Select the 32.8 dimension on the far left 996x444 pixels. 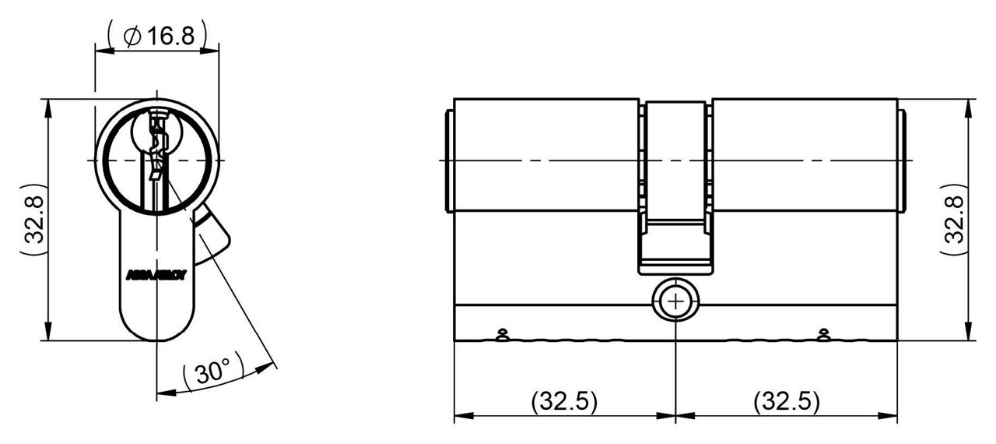pyautogui.click(x=32, y=220)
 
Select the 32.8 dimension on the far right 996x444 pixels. pyautogui.click(x=954, y=220)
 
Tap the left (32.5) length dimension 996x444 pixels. pyautogui.click(x=564, y=402)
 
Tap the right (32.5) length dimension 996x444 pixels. pyautogui.click(x=787, y=402)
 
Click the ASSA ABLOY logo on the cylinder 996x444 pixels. pyautogui.click(x=156, y=275)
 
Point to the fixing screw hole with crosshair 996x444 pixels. pyautogui.click(x=675, y=301)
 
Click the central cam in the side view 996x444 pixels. pyautogui.click(x=675, y=187)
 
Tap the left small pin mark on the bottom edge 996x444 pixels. pyautogui.click(x=502, y=336)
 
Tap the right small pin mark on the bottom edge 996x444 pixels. pyautogui.click(x=823, y=336)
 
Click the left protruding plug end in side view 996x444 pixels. pyautogui.click(x=448, y=160)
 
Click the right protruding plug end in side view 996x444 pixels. pyautogui.click(x=902, y=160)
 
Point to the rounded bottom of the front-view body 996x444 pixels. pyautogui.click(x=156, y=331)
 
